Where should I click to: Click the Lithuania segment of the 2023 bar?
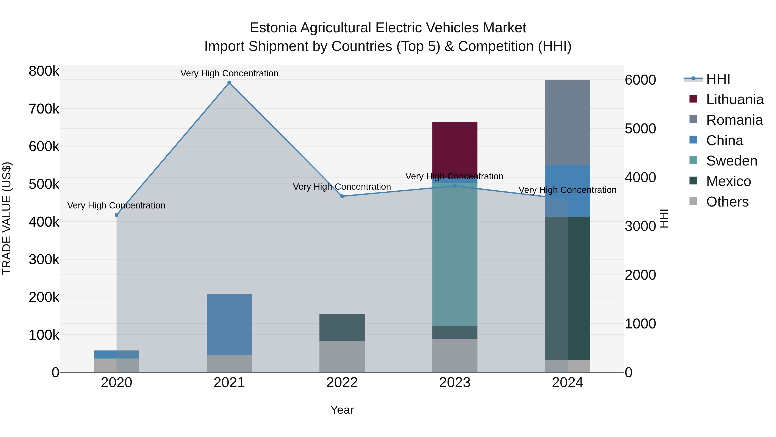[x=455, y=148]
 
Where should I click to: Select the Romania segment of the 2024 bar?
[x=567, y=122]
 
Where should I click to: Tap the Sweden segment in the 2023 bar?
[x=455, y=253]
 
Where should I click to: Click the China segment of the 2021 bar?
[x=229, y=324]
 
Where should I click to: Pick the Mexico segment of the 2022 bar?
[x=342, y=327]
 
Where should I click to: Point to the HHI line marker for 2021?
[x=229, y=83]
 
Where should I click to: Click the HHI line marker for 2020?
[x=117, y=215]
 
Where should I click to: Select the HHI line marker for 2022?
[x=342, y=196]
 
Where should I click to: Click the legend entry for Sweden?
[x=731, y=161]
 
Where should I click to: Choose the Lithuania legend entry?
[x=734, y=99]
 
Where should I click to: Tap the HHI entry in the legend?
[x=718, y=79]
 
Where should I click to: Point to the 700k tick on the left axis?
[x=44, y=109]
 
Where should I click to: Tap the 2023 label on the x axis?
[x=455, y=383]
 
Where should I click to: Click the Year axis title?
[x=342, y=410]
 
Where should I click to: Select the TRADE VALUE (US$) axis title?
[x=7, y=218]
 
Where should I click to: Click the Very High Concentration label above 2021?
[x=229, y=73]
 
